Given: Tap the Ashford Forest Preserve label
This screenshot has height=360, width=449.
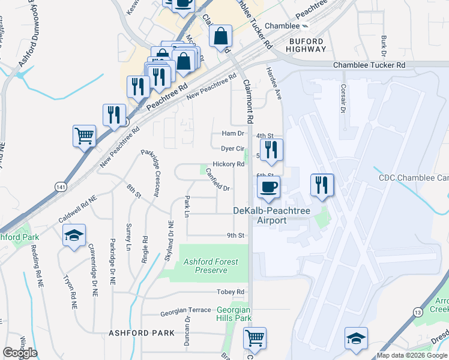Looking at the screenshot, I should pos(211,266).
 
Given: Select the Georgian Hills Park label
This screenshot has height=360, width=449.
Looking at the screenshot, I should pos(234,314).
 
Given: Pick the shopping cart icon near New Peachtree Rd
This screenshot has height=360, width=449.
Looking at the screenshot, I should pos(85,136).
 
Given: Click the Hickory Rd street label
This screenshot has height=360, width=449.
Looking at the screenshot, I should pos(228,164).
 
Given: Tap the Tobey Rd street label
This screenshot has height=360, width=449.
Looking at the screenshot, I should pos(232,292).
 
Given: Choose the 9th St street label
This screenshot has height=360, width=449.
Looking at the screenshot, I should pos(235,235).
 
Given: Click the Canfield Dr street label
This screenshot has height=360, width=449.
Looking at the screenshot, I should pos(218,180).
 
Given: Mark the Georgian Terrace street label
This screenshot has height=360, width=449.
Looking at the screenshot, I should pos(185,313).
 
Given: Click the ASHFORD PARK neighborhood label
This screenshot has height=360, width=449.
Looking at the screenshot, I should pos(141,332).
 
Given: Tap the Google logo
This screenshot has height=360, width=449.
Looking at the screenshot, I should pos(20,353).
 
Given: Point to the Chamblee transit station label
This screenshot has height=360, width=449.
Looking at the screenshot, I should pos(282,26).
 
